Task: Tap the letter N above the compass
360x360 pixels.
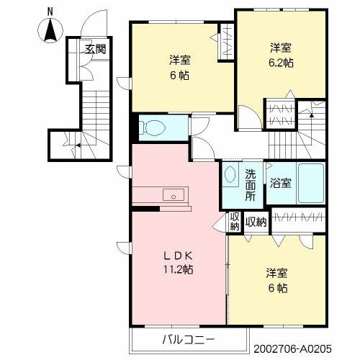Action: click(50, 12)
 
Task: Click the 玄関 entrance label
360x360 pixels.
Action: click(94, 50)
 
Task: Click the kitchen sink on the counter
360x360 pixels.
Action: click(173, 195)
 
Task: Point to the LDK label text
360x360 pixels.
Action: click(176, 256)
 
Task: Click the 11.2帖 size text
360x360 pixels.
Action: click(176, 270)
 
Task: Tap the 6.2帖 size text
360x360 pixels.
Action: click(281, 63)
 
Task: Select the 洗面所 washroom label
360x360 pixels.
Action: click(250, 184)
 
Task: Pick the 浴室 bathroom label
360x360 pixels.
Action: click(281, 183)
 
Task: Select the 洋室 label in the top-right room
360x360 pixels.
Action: click(281, 48)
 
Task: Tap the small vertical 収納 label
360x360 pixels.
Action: click(235, 222)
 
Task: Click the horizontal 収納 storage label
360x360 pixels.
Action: click(256, 222)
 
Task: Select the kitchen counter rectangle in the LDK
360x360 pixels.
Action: click(160, 195)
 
